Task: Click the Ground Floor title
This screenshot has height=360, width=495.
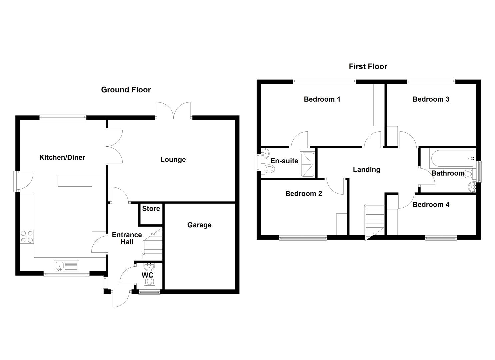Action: pos(126,90)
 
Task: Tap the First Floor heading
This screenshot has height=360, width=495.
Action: pos(368,66)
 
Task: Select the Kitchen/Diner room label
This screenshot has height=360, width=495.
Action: pos(62,157)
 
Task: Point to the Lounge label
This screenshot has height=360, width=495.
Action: pos(173,159)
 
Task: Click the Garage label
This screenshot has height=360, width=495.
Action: pos(199,225)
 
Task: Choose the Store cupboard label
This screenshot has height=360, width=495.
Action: pos(151,209)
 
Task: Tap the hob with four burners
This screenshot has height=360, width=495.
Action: pos(27,237)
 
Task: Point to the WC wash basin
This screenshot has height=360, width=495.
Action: pos(149,267)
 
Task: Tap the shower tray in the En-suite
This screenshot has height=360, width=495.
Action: pos(307,164)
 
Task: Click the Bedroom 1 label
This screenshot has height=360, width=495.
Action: pos(322,99)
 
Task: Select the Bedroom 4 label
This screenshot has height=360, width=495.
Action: pos(431,205)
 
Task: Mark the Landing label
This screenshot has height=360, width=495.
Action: pos(366,170)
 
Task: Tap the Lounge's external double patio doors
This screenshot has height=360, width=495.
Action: pos(174,110)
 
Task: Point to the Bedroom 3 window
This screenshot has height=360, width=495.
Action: pos(431,81)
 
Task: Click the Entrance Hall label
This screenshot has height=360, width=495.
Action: pos(127,238)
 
